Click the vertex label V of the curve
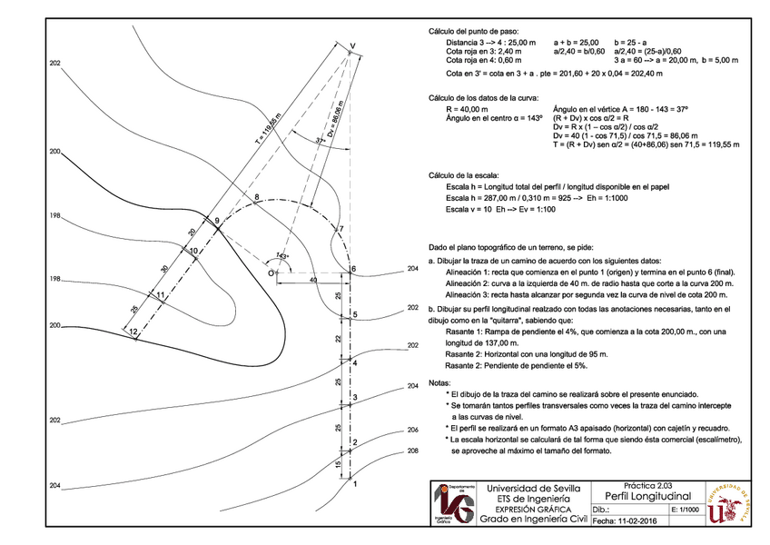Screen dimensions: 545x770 [353, 45]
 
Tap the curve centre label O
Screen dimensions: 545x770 [271, 272]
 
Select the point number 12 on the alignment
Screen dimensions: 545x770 [133, 332]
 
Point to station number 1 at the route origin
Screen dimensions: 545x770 [355, 484]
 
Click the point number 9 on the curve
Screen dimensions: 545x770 [217, 221]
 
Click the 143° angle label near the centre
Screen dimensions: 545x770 [283, 257]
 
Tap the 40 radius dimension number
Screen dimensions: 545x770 [314, 282]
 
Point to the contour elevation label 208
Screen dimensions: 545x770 [413, 451]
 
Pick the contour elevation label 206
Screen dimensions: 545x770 [413, 429]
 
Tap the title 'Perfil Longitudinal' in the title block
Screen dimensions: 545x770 [646, 496]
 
